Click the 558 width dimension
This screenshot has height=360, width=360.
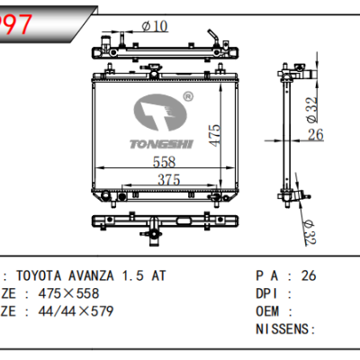pos(163,162)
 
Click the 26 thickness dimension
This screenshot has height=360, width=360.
pos(315,136)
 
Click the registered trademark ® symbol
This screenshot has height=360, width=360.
pos(188,94)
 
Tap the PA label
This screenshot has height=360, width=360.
pos(268,275)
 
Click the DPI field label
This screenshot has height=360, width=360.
pos(267,293)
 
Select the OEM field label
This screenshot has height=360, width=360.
pos(267,311)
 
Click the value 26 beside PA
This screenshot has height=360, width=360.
pos(309,275)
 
